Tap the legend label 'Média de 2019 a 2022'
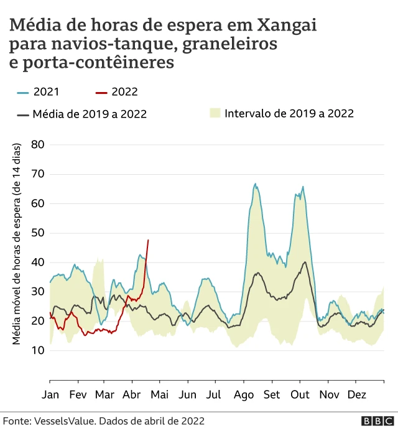point(90,114)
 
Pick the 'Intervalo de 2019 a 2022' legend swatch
point(215,113)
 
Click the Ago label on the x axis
point(244,394)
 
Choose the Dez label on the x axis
point(356,394)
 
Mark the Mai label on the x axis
point(160,394)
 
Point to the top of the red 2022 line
point(148,240)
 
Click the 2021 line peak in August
point(256,184)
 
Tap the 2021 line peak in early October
point(303,187)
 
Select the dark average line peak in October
point(305,262)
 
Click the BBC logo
point(375,421)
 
